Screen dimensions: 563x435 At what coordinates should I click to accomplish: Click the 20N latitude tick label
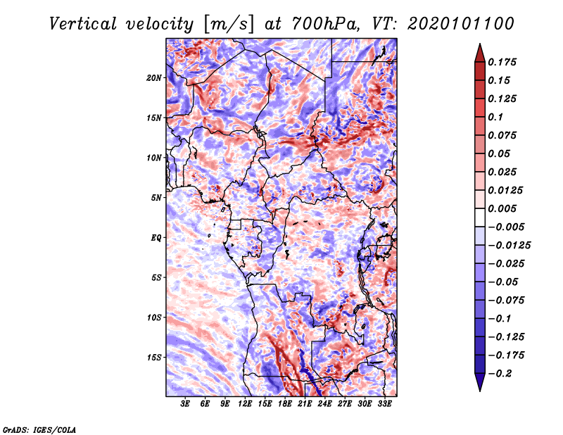coord(154,78)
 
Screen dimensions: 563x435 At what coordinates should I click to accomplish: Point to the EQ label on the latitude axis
coord(156,238)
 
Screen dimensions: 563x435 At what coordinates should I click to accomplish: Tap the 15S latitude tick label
coord(154,358)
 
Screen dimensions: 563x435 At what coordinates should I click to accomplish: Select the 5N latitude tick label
coord(156,198)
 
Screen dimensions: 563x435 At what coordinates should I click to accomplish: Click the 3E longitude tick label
coord(185,404)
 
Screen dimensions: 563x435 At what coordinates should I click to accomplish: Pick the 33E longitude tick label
coord(384,404)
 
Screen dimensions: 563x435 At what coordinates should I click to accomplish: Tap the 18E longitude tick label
coord(285,404)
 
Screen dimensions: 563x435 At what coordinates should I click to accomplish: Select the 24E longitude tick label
coord(324,404)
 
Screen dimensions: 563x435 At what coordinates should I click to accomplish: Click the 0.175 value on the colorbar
coord(502,62)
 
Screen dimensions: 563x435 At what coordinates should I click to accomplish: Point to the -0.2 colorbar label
coord(500,374)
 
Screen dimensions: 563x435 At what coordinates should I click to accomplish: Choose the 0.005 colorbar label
coord(502,208)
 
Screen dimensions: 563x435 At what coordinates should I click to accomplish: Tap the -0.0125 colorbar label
coord(509,246)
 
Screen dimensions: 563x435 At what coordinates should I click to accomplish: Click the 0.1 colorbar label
coord(495,117)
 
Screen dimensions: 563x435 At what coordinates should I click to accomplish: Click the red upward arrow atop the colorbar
coord(480,53)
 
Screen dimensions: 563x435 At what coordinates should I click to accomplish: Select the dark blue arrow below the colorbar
coord(480,382)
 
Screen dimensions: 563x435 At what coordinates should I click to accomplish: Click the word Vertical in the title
coord(83,24)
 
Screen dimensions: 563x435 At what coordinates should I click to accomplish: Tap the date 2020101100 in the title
coord(461,24)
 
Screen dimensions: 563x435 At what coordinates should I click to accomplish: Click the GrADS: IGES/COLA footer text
coord(39,429)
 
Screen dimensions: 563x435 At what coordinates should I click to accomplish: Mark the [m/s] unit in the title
coord(229,25)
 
